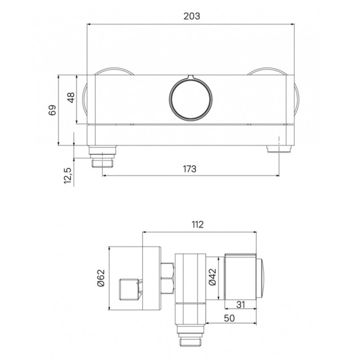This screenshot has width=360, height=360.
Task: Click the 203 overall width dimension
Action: tap(192, 16)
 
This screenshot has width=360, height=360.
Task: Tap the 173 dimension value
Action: tap(189, 169)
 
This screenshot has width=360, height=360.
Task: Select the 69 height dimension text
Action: tap(52, 110)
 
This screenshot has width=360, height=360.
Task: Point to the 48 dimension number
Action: tap(71, 98)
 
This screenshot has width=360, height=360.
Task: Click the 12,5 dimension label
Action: tap(68, 175)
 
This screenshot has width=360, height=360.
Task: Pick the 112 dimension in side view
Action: tap(198, 225)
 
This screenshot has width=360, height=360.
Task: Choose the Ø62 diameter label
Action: tap(101, 278)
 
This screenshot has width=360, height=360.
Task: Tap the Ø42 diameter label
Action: tap(212, 277)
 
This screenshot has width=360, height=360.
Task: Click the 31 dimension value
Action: tap(240, 305)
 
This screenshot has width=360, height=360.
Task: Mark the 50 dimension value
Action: tap(229, 318)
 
